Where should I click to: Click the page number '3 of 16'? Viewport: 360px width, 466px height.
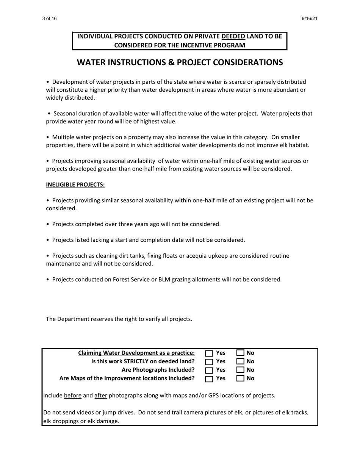(x=49, y=19)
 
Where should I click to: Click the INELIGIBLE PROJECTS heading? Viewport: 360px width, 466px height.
(x=75, y=185)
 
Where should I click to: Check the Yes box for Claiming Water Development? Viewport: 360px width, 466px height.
(x=209, y=353)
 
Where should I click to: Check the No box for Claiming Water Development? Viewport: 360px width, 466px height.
(x=240, y=353)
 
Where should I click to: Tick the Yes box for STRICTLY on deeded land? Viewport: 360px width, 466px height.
(x=209, y=361)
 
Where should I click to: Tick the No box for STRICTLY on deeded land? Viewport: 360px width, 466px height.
(x=240, y=361)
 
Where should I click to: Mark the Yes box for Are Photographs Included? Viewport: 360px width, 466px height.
(x=209, y=370)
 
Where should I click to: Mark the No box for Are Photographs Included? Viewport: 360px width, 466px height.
(x=240, y=370)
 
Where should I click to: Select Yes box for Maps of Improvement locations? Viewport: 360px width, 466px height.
(x=209, y=378)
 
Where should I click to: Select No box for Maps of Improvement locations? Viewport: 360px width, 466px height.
(x=240, y=378)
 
